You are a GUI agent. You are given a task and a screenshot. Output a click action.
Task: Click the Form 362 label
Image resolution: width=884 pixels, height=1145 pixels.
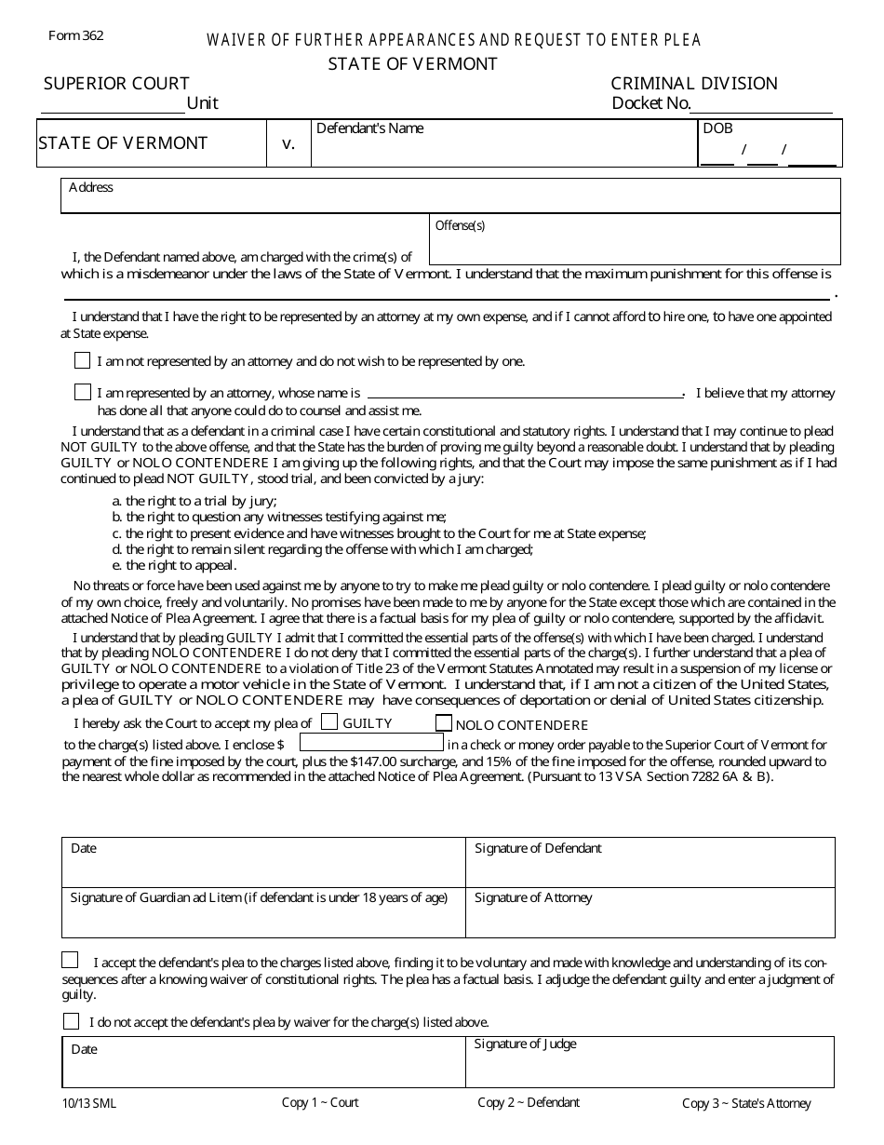76,36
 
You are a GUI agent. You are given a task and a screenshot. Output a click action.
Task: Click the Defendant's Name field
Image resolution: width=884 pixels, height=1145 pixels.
503,149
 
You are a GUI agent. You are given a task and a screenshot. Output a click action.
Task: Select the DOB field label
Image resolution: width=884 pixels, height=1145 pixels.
717,128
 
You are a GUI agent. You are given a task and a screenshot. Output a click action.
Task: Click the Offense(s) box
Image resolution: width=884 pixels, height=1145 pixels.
634,244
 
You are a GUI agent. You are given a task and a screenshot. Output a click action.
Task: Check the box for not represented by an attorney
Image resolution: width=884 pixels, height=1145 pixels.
83,360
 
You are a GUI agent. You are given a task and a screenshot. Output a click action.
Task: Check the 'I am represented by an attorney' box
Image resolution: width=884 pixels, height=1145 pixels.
83,393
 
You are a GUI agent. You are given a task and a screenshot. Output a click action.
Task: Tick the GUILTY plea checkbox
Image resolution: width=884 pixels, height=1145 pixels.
329,721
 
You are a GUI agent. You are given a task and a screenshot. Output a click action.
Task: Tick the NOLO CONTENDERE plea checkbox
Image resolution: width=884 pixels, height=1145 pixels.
444,723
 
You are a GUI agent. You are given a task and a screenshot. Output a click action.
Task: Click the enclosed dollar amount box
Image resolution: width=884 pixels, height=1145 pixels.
371,743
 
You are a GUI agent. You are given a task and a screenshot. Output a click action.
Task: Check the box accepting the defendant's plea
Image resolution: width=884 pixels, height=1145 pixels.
71,961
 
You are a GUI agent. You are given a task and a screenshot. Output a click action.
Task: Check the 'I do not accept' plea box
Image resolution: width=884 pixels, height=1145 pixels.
71,1021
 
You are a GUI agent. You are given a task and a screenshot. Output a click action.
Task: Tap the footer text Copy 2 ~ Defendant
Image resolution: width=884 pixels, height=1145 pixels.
529,1102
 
